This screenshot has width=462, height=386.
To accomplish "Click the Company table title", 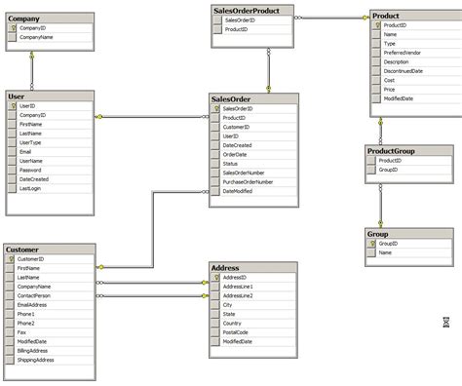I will (x=24, y=18).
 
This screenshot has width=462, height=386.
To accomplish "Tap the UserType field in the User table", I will (x=30, y=142).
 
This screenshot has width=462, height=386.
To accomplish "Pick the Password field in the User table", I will (x=30, y=170).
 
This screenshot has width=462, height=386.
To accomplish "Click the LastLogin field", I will (x=30, y=188).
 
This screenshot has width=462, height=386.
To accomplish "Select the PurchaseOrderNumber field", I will (x=248, y=181).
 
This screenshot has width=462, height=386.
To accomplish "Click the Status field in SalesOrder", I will (x=231, y=163).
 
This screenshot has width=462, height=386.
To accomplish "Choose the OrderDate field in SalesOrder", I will (x=235, y=154).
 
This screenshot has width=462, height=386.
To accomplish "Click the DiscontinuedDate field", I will (x=404, y=71).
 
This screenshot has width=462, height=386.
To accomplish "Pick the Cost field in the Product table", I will (x=390, y=80).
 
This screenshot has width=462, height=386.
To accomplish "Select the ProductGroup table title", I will (x=392, y=150).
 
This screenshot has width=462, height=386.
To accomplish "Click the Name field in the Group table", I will (x=385, y=252).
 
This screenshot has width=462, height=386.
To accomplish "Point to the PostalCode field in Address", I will (x=236, y=332).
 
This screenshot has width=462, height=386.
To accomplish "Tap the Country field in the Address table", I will (x=233, y=324).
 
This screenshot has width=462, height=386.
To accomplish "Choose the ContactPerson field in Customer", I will (x=35, y=296).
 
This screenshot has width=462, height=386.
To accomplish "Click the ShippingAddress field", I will (x=37, y=360).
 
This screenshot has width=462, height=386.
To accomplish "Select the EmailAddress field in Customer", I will (x=34, y=305).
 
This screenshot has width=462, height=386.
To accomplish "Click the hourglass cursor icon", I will (x=445, y=321).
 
